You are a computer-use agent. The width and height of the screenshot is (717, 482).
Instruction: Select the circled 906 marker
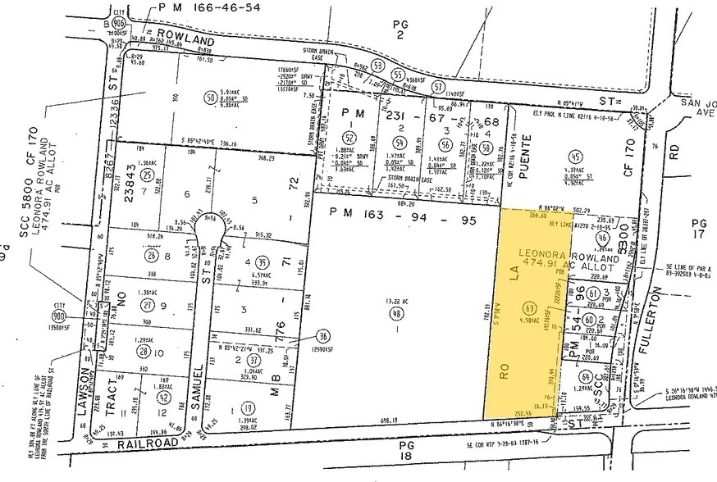pos(120,24)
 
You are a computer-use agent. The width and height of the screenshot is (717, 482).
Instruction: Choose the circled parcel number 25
pos(147,175)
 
